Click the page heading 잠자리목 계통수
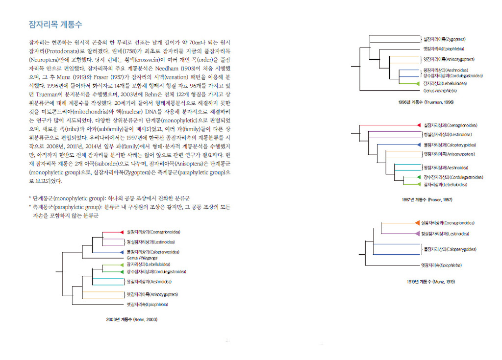[55, 24]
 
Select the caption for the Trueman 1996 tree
[426, 102]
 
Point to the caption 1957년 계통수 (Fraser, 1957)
[427, 200]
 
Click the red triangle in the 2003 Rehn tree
[122, 232]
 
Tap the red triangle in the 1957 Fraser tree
[419, 125]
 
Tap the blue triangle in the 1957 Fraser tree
[419, 145]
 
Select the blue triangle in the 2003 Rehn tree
[122, 252]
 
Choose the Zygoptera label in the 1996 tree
[444, 39]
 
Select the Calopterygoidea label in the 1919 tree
[450, 249]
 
